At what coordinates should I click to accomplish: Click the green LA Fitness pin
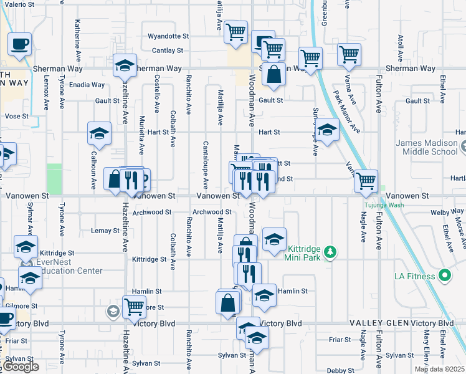tap(444, 275)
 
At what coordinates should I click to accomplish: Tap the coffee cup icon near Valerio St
tap(19, 44)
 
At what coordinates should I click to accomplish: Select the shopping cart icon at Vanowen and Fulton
tap(366, 181)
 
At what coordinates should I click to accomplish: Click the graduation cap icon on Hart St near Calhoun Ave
tap(99, 133)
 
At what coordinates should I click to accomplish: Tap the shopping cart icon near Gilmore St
tap(134, 306)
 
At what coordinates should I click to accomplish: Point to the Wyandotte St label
tap(168, 36)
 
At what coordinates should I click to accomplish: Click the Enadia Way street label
tap(87, 85)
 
